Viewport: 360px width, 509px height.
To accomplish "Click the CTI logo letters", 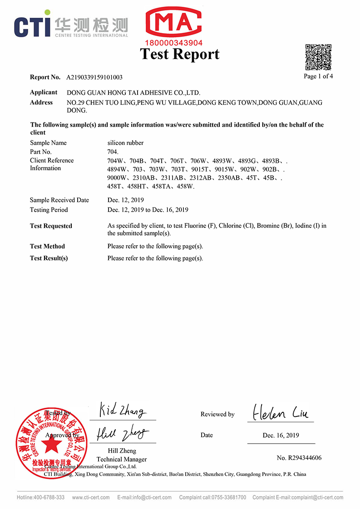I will coord(32,25).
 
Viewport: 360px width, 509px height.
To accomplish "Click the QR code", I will coord(318,57).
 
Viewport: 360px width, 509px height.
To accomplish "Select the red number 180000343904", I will coord(173,43).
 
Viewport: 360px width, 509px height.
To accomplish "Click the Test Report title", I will coord(180,54).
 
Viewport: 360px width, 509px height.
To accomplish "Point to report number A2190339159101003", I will coord(94,78).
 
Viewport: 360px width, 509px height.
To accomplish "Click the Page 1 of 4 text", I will coord(318,76).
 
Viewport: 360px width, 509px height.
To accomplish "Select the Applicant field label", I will coord(44,92).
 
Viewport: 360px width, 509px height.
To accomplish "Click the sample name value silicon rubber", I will coord(125,143).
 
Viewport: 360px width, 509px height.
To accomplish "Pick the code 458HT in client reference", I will coord(137,186).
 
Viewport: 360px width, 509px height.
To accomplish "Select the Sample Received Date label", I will coord(59,200).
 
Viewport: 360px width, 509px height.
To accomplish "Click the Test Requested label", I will coord(51,226).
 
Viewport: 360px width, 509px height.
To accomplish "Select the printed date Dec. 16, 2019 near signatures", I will coord(281,435).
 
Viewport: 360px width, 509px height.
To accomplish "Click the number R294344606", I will coord(299,458).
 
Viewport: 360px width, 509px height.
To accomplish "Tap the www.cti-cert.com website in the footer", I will coord(91,498).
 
